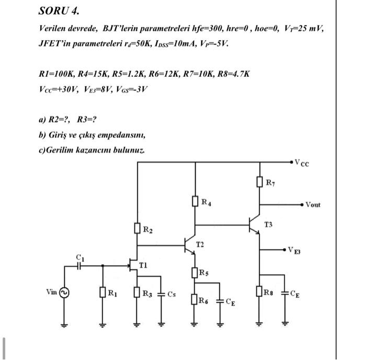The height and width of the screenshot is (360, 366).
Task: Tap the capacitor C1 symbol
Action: tap(79, 265)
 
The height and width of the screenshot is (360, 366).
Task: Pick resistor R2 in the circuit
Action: tap(137, 229)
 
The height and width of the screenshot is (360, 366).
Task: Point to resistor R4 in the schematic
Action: tap(195, 201)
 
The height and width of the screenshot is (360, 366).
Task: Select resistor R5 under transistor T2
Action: tap(195, 272)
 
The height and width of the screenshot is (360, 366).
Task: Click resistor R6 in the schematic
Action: tap(195, 299)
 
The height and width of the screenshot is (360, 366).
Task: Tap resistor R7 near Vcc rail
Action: tap(259, 182)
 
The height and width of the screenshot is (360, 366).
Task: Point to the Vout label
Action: tap(313, 204)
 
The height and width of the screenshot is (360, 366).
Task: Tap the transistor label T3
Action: tap(268, 225)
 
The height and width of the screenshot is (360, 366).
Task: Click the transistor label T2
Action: tap(200, 245)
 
